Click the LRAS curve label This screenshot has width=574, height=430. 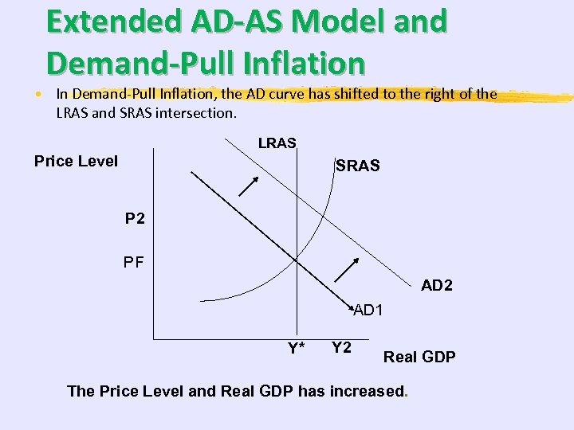click(x=277, y=143)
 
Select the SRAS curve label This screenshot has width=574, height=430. click(x=358, y=166)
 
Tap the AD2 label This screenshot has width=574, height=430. click(x=437, y=285)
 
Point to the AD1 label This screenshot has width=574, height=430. click(x=368, y=310)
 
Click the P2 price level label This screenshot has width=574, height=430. click(x=135, y=218)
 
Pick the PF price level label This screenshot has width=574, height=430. click(x=134, y=261)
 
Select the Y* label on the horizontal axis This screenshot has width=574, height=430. click(x=297, y=348)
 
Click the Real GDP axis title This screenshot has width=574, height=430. click(x=419, y=357)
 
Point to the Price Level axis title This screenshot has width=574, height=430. click(x=77, y=161)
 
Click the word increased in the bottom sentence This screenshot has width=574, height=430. click(x=363, y=391)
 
